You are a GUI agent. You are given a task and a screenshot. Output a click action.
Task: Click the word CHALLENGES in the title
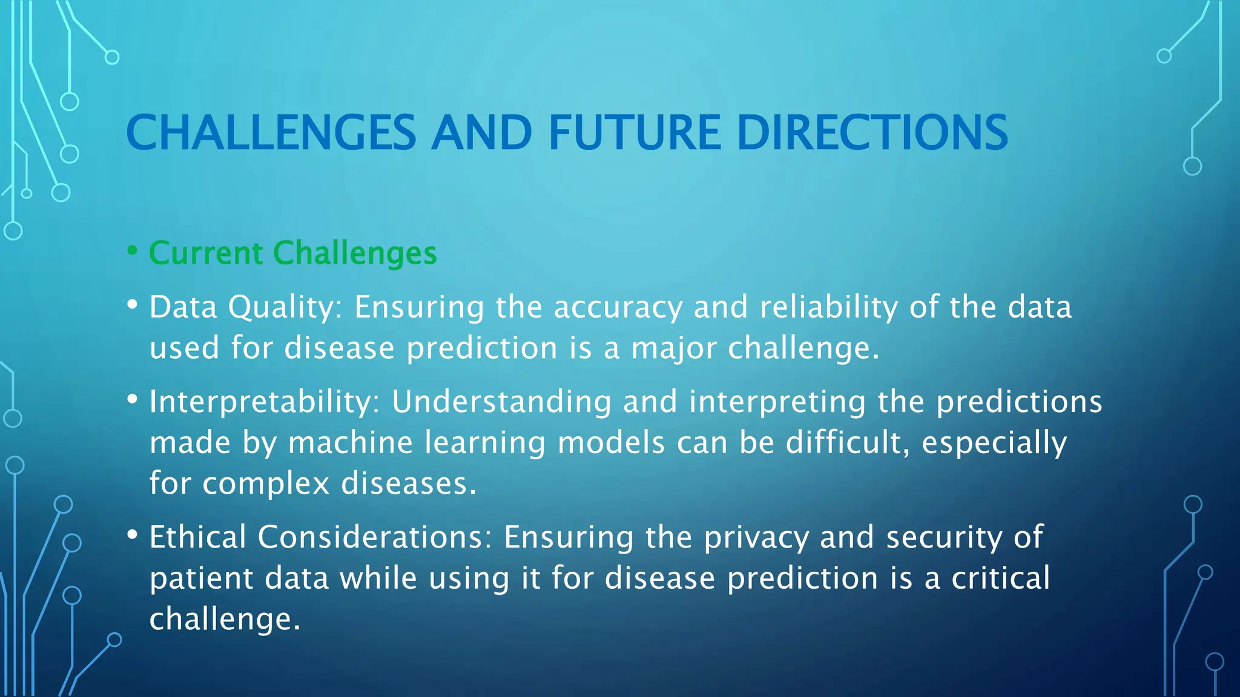(271, 133)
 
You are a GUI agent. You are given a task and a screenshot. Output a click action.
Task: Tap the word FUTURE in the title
(635, 133)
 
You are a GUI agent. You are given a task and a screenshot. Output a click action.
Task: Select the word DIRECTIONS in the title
(872, 133)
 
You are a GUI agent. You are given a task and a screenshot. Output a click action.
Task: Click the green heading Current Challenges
(293, 253)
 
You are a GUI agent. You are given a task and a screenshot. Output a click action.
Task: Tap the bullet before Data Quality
(133, 304)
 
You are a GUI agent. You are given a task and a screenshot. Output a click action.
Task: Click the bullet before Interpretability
(133, 399)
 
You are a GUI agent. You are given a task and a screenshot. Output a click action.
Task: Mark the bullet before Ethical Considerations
(133, 534)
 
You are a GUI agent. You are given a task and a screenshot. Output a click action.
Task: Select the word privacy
(756, 537)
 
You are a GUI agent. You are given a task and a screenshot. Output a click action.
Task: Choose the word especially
(994, 442)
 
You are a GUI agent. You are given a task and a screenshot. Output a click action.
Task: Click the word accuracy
(618, 307)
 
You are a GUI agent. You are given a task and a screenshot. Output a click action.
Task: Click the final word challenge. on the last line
(225, 619)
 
